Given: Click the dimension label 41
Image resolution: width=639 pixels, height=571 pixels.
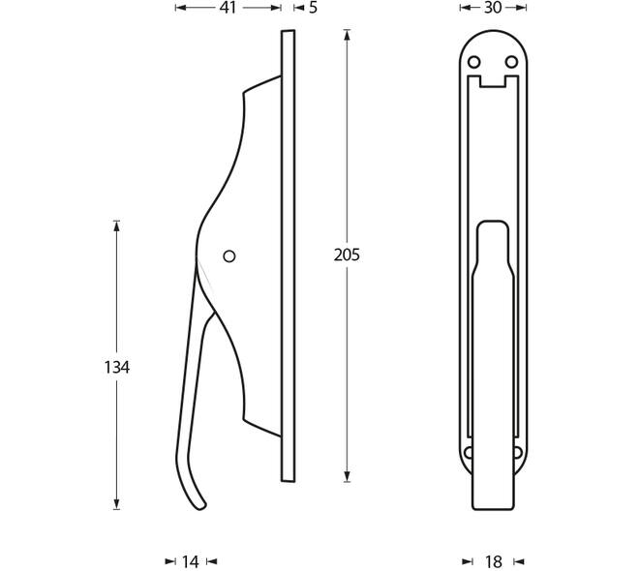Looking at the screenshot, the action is (x=228, y=8).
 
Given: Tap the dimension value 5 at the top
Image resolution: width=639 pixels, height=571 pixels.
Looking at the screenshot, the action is (x=313, y=8).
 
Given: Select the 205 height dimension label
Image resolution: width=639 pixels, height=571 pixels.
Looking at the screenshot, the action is (x=347, y=255).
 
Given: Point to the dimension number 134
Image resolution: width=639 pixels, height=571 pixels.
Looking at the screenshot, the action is (x=117, y=368).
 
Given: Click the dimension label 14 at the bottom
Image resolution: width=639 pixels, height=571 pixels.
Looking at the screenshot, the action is (x=190, y=562).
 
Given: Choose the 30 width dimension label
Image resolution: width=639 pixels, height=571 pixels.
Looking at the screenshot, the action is (x=493, y=8).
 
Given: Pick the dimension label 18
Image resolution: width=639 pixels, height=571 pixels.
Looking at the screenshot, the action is (x=494, y=562).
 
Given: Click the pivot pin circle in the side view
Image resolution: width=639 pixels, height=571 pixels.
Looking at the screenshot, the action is (x=229, y=256).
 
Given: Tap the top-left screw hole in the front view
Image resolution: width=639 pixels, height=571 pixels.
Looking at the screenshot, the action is (x=473, y=62).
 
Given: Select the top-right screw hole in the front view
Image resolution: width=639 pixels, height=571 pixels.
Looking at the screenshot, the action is (x=511, y=62).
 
